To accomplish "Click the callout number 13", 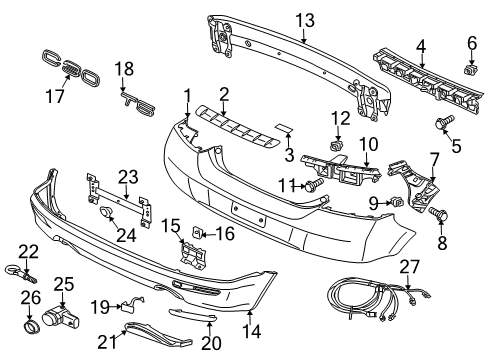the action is (305, 21).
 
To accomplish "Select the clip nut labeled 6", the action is (471, 69).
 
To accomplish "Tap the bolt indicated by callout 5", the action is (445, 122).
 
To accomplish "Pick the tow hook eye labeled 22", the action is (20, 273).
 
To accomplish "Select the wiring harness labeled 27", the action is (378, 298).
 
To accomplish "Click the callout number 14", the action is (252, 331).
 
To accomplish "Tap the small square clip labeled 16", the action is (197, 232).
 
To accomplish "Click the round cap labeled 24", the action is (106, 212).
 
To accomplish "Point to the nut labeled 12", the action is (337, 146).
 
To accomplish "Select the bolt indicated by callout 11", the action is (314, 184).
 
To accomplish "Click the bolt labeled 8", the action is (438, 213).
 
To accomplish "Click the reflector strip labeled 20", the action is (192, 315).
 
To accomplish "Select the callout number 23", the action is (129, 177).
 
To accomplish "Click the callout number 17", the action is (55, 96).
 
